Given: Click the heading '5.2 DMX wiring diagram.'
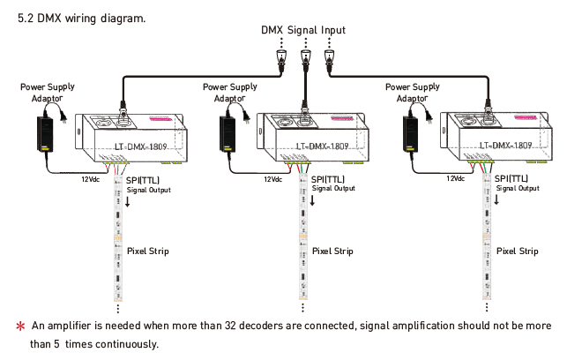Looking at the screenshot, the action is tap(82, 19).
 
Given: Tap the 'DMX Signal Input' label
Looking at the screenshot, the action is tap(303, 30).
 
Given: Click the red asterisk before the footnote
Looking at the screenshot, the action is tap(21, 326).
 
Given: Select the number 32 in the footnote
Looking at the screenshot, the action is tap(230, 326).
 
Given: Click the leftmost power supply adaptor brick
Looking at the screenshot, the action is tap(45, 134).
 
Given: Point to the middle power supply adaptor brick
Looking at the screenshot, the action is tap(228, 134).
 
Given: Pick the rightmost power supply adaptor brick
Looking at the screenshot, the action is tap(411, 134).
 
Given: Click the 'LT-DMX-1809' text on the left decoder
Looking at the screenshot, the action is tap(141, 146).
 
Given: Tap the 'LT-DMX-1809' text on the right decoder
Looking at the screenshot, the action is tap(505, 146).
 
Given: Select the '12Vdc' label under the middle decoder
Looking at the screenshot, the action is tap(272, 179).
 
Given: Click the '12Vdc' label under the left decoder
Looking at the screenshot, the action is tap(91, 179).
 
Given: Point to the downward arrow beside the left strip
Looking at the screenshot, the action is tap(127, 201).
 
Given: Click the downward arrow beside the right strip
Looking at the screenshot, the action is tap(496, 199).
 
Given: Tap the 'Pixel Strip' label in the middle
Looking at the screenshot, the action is tap(332, 251).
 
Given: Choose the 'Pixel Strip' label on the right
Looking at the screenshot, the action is tap(518, 251).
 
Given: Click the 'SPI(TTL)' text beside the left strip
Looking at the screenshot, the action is tap(143, 180).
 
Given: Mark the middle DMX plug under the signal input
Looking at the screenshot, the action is tap(305, 59).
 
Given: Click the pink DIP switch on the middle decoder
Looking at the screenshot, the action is tap(341, 119).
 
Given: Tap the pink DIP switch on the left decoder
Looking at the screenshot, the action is tap(160, 119).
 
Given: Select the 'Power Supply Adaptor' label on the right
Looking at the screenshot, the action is tap(413, 93).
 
